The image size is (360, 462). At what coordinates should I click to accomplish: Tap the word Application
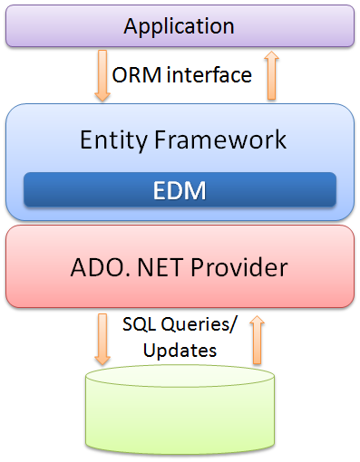point(179,24)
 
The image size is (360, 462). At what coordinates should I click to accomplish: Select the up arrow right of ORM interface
point(268,76)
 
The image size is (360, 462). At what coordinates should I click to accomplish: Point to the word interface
point(208,75)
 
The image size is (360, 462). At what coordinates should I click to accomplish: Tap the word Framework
point(221,140)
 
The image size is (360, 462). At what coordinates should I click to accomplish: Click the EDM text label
point(180,190)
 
